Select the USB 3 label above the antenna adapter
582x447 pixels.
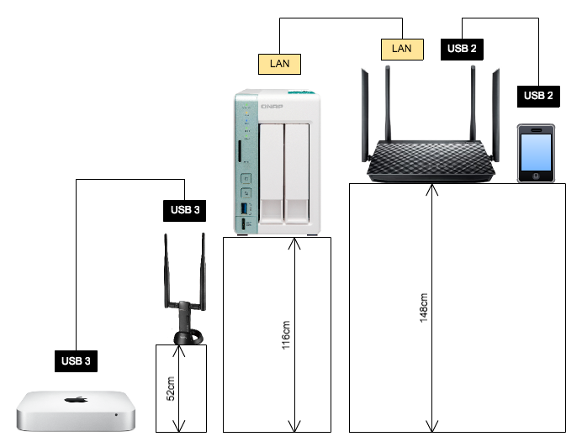(185, 210)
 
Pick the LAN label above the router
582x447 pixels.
(401, 49)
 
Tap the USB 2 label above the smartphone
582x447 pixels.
(538, 96)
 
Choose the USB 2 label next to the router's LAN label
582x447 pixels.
(462, 49)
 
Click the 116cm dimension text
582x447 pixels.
(285, 333)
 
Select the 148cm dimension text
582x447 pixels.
(424, 308)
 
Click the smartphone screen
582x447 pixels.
(537, 151)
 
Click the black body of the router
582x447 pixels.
(430, 160)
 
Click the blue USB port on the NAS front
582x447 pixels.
(245, 208)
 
